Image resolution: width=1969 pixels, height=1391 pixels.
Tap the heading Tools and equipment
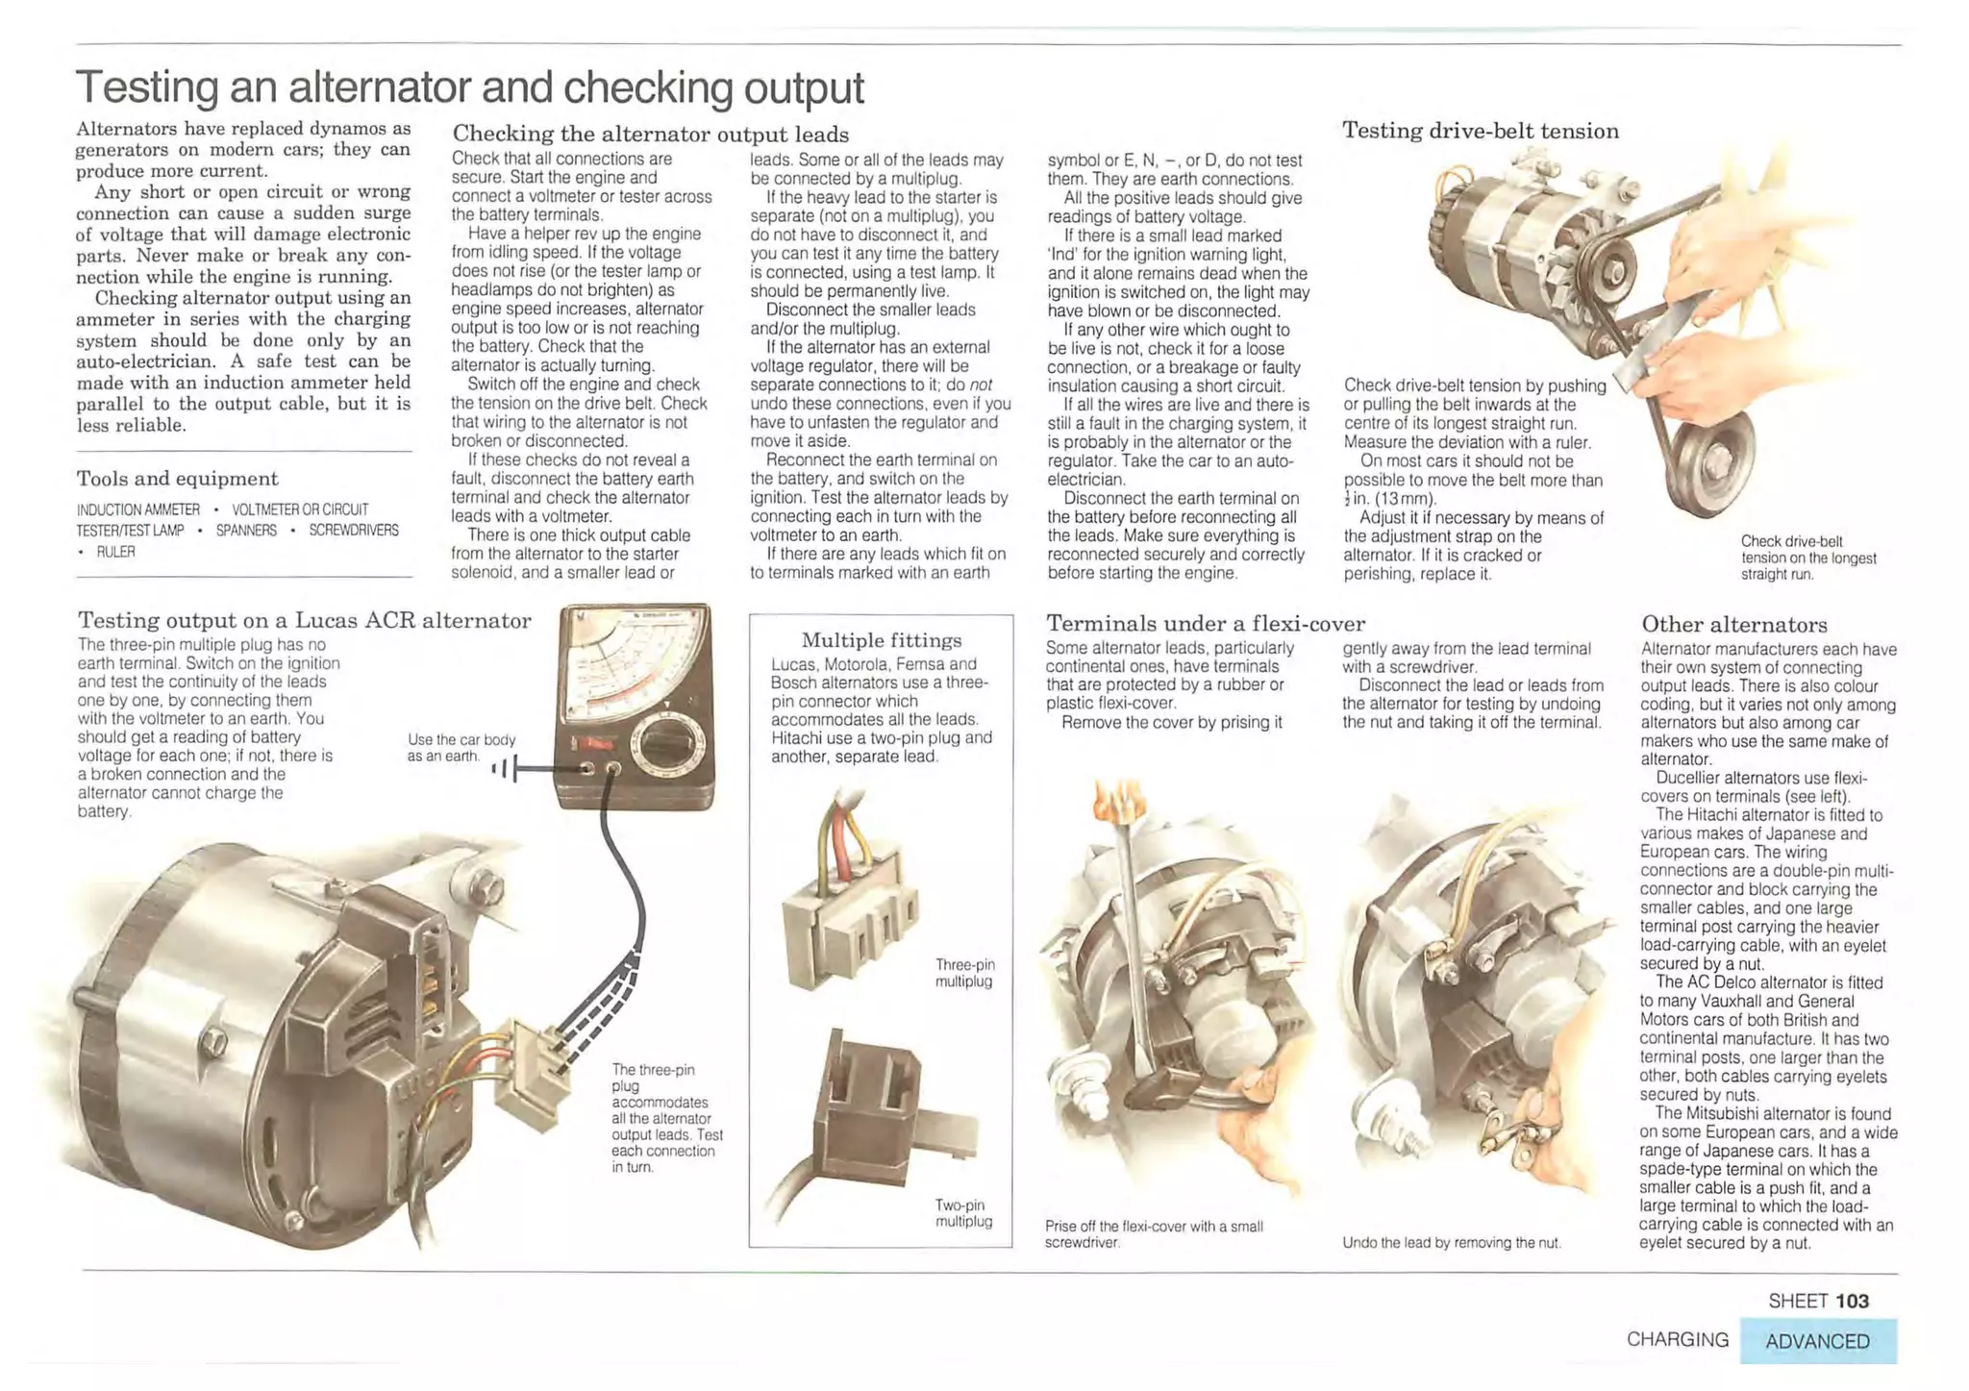(177, 479)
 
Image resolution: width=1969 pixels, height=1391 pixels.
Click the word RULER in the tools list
(115, 552)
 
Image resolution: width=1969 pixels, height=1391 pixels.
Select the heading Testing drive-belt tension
(1480, 131)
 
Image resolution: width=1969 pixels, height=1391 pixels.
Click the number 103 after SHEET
(1851, 1301)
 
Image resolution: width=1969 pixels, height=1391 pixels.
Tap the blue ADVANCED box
(1817, 1341)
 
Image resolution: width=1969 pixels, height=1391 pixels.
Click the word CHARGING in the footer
(1677, 1339)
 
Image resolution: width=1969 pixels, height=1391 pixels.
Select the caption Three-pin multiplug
(964, 973)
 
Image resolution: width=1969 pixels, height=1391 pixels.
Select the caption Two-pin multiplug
(963, 1213)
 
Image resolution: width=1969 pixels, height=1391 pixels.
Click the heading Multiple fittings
(881, 640)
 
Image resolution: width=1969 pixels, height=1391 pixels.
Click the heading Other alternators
(1733, 625)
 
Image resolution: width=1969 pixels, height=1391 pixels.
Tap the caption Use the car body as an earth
(461, 748)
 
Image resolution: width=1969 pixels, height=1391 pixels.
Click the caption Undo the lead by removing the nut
(1451, 1243)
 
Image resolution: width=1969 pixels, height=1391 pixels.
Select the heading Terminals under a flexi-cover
(1205, 624)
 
